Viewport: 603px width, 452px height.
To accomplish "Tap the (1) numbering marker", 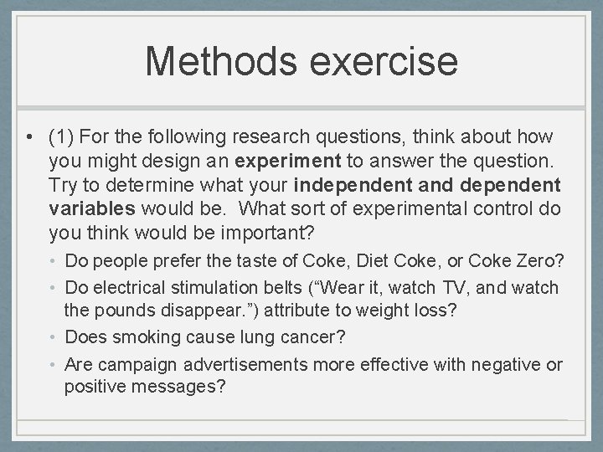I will click(63, 136).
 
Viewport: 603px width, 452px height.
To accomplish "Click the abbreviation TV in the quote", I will click(453, 287).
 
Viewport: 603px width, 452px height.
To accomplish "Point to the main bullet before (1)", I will click(30, 136).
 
